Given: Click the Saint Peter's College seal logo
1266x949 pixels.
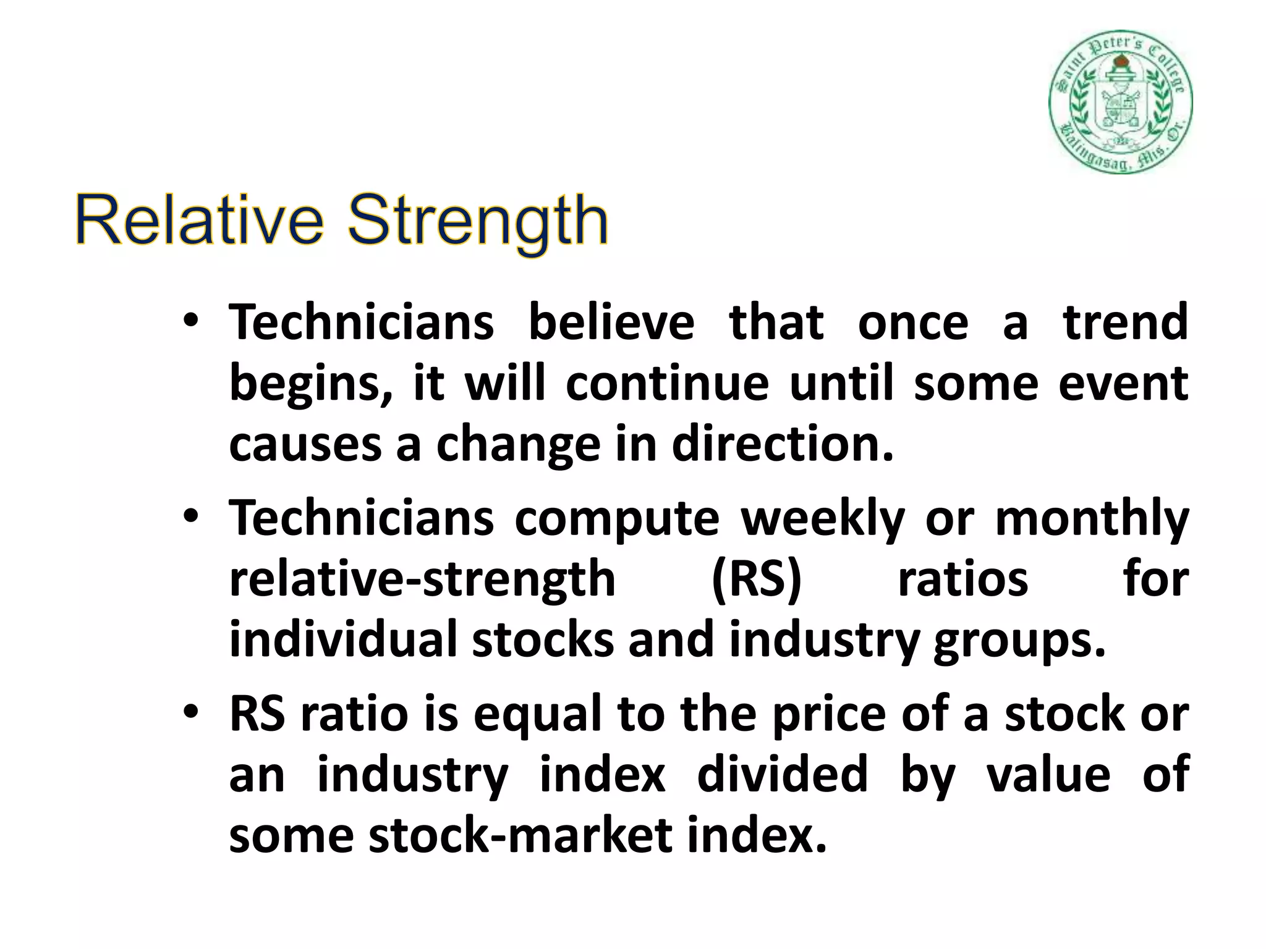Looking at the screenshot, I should pos(1120,102).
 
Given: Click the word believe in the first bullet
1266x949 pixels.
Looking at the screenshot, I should pos(611,323).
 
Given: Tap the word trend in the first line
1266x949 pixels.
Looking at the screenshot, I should pos(1126,323).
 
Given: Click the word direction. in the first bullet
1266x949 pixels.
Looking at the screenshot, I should pos(783,444).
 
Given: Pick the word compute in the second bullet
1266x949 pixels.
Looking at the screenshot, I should pos(616,519).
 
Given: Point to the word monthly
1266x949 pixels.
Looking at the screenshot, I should pos(1092,519).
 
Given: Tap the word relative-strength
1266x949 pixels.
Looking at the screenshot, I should pos(422,580).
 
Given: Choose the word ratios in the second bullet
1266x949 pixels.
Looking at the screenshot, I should pos(962,580).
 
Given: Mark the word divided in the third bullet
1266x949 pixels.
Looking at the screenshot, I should pos(782,775).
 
